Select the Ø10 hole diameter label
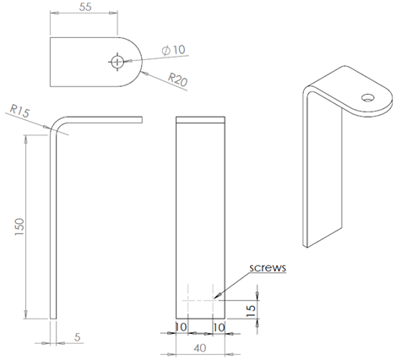[x=172, y=51]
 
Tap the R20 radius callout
[x=176, y=79]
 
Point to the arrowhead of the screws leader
[x=217, y=297]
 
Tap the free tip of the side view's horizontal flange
[x=140, y=120]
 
